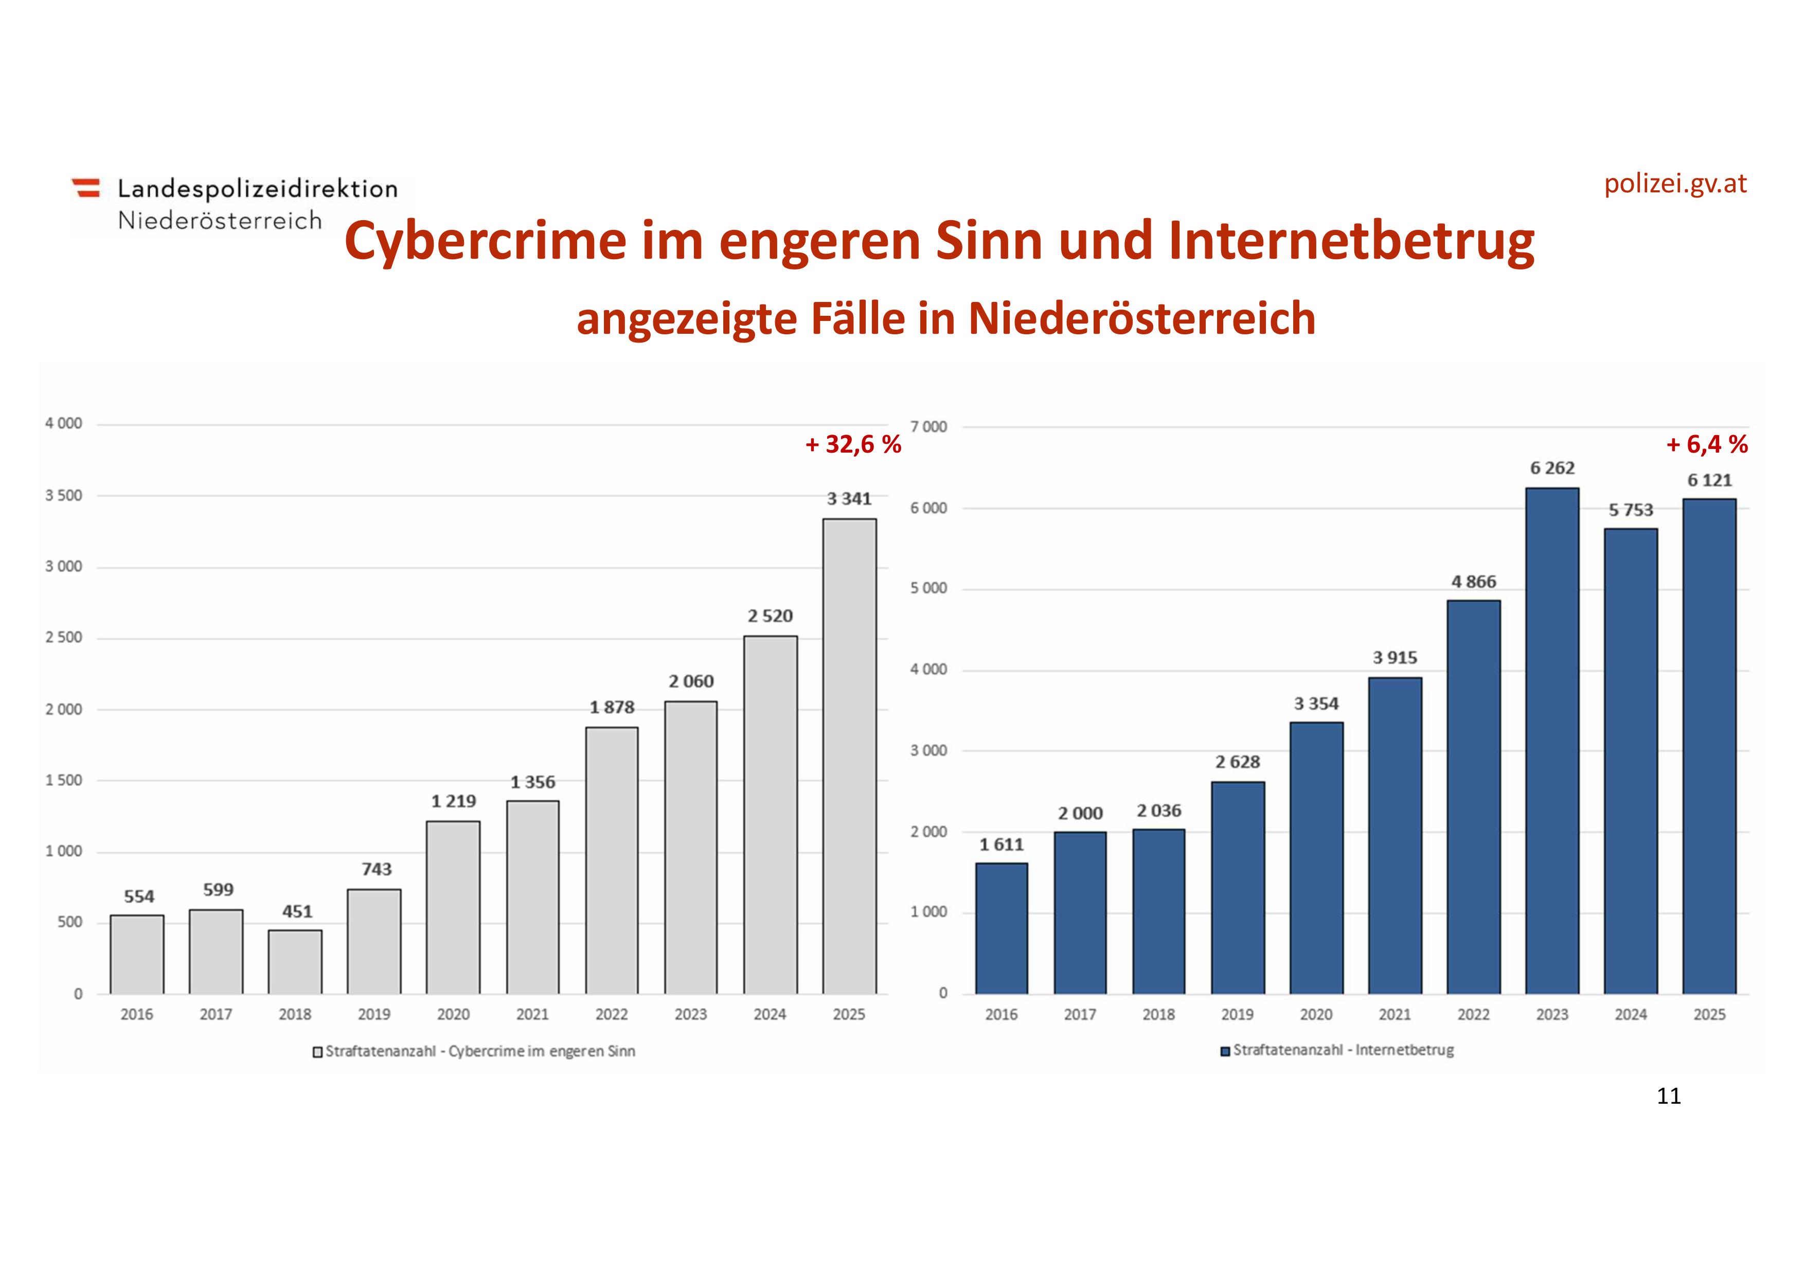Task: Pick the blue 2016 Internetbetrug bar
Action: point(1001,928)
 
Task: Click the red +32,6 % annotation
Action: point(853,445)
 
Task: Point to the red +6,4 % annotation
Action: point(1707,445)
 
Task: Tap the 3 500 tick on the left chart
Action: point(64,495)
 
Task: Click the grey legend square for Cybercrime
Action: point(317,1052)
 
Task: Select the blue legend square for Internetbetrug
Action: point(1225,1051)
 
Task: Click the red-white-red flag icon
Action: point(86,188)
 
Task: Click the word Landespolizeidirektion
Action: point(258,189)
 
